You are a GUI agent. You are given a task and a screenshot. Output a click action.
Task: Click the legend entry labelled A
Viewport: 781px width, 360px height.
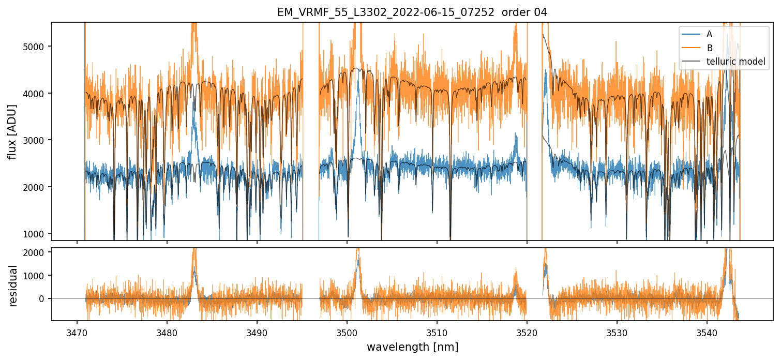(x=709, y=34)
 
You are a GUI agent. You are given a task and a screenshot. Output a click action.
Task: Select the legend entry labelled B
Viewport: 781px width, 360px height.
(x=709, y=48)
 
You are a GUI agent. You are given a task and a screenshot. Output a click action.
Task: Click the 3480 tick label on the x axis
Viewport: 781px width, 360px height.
(x=167, y=332)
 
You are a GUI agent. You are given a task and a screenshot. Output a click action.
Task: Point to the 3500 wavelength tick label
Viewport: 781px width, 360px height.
(x=347, y=332)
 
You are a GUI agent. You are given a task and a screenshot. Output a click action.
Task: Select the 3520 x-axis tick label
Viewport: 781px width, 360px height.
(x=527, y=332)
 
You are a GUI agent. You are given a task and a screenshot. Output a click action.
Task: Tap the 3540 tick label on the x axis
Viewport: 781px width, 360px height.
(x=707, y=332)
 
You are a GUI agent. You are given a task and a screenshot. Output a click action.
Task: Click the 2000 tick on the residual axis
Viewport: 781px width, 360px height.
(x=36, y=252)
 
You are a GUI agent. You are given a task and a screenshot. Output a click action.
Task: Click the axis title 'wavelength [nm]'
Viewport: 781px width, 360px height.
(x=412, y=347)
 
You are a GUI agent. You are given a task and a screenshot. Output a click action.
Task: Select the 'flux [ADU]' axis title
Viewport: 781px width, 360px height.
(x=12, y=131)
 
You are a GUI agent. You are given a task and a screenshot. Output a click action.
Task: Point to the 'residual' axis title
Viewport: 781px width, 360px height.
(x=13, y=286)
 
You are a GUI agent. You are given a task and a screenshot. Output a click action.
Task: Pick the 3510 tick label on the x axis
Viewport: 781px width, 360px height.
(x=437, y=332)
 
